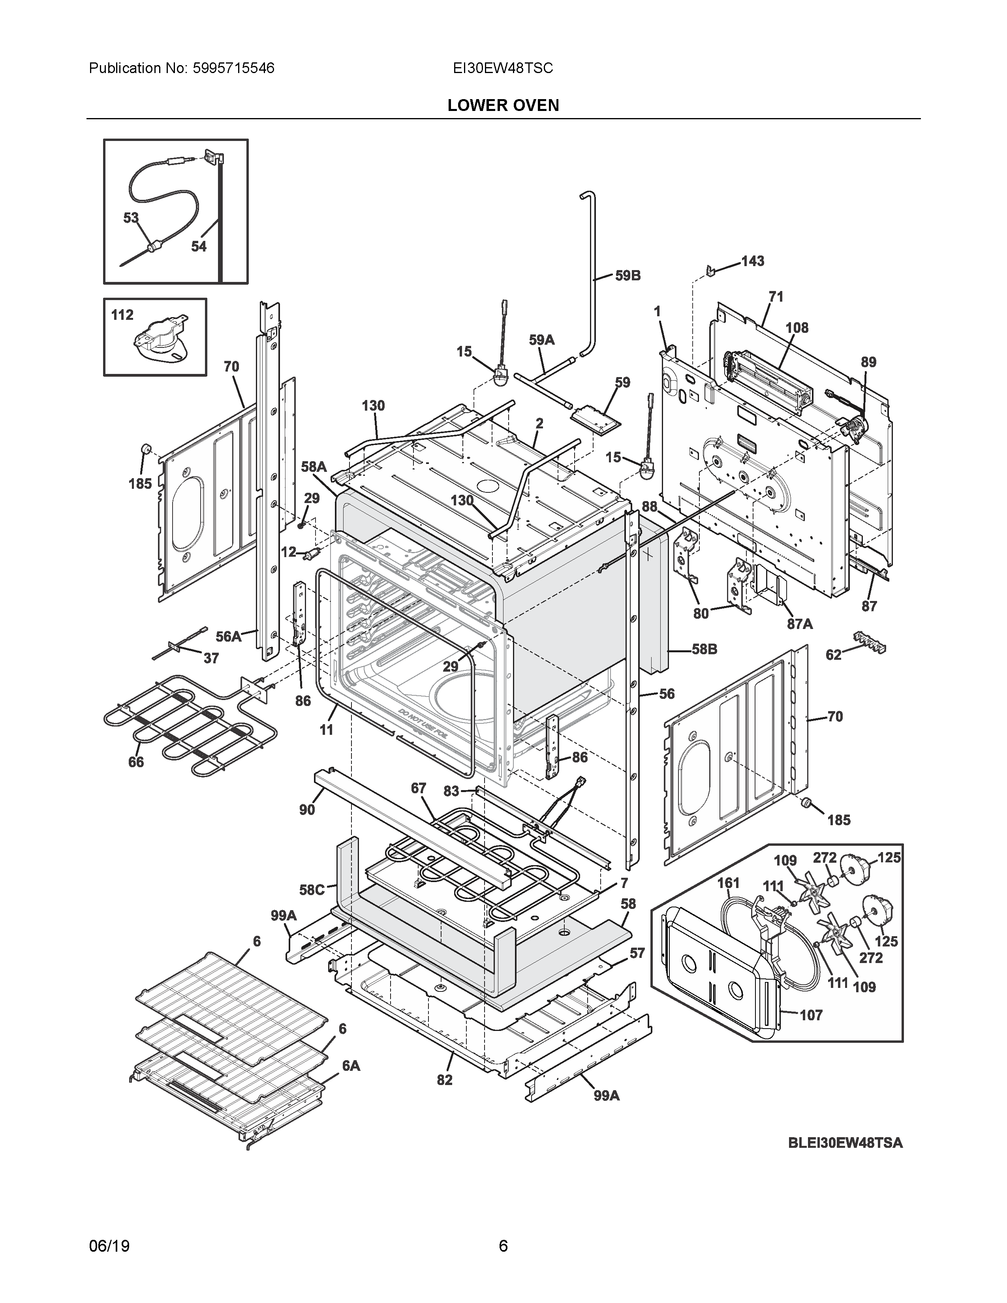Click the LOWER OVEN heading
(503, 105)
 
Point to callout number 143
(752, 261)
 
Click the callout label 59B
(627, 276)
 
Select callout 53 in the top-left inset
(131, 218)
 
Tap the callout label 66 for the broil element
(136, 762)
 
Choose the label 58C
(312, 890)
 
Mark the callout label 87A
(799, 623)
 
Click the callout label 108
(797, 328)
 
